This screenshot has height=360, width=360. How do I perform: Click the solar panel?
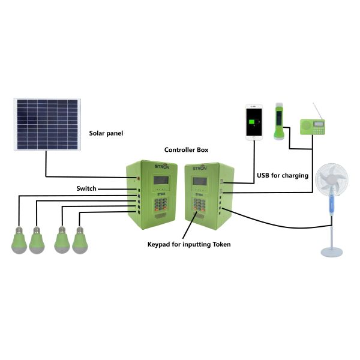(47, 125)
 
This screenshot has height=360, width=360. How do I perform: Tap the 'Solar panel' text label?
(106, 133)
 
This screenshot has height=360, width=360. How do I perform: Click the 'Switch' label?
(86, 188)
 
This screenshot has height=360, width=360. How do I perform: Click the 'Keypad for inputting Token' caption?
(188, 244)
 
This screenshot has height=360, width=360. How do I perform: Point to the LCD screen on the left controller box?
(160, 180)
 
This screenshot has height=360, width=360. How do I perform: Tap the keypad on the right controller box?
(199, 204)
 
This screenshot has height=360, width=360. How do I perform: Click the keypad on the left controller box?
(160, 206)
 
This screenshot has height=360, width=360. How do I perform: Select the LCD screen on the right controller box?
(198, 181)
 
